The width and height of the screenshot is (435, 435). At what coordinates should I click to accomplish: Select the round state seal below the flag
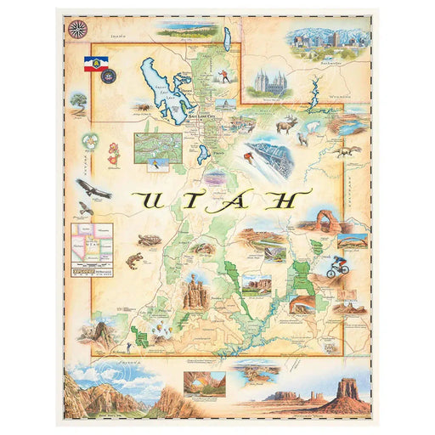tap(108, 76)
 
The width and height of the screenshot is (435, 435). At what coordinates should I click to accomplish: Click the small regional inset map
tap(93, 242)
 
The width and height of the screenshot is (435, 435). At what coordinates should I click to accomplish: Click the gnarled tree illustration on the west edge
tap(79, 103)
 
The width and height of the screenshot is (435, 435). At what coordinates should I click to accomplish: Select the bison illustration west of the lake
tap(141, 108)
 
